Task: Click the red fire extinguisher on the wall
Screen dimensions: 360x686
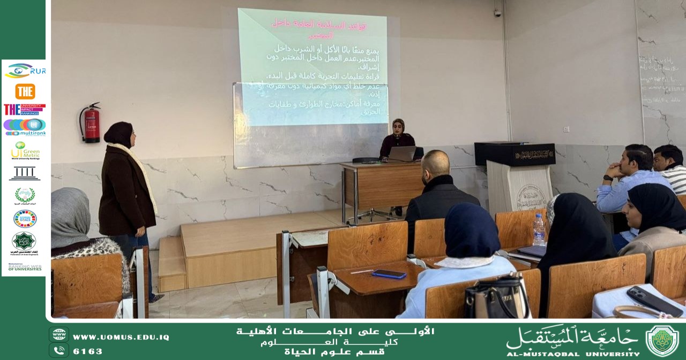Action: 92,123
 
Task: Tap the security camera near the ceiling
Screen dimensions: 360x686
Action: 497,13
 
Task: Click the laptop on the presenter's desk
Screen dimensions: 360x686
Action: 402,154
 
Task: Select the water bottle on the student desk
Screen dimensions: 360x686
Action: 538,229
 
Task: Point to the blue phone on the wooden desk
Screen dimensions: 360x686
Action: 389,274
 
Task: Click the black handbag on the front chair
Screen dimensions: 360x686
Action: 496,297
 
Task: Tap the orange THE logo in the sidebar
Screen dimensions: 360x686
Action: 25,91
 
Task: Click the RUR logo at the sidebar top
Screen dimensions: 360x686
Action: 25,71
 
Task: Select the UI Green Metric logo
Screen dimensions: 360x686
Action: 25,150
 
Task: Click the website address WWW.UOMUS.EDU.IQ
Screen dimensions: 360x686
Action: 121,337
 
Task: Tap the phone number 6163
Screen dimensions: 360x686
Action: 87,351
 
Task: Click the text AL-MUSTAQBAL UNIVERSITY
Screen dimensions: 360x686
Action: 572,354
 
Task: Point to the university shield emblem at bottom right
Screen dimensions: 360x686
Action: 662,341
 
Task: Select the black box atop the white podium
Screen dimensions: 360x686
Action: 514,154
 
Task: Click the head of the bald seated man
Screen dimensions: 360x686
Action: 436,164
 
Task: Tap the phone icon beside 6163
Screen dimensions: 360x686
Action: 59,350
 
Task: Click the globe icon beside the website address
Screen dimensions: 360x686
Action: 59,335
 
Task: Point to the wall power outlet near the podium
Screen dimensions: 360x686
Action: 566,129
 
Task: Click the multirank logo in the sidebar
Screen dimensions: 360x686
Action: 25,127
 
